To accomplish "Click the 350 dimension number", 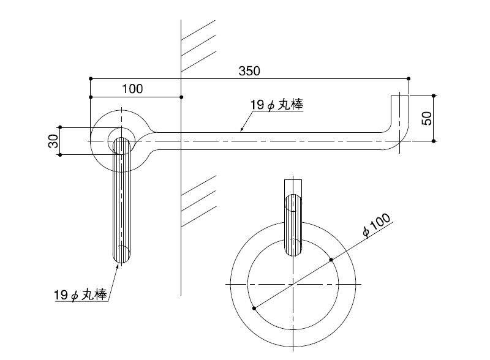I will pos(249,70).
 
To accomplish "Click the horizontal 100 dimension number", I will pos(132,89).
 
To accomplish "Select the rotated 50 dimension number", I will pos(428,118).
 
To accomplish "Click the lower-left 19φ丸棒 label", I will pos(80,294).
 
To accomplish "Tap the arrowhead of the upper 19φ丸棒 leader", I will pos(241,130).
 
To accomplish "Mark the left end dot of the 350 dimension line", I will pos(91,78).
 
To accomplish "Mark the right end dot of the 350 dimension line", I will pos(409,78).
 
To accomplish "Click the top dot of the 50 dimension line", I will pos(434,96).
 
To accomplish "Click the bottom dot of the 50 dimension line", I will pos(434,141).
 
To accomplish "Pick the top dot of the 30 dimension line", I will pos(60,128).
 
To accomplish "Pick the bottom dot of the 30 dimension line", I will pos(60,154).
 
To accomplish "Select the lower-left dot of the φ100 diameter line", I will pos(254,308).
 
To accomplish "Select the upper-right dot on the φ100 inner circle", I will pos(331,260).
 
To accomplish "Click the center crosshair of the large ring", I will pos(293,285).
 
